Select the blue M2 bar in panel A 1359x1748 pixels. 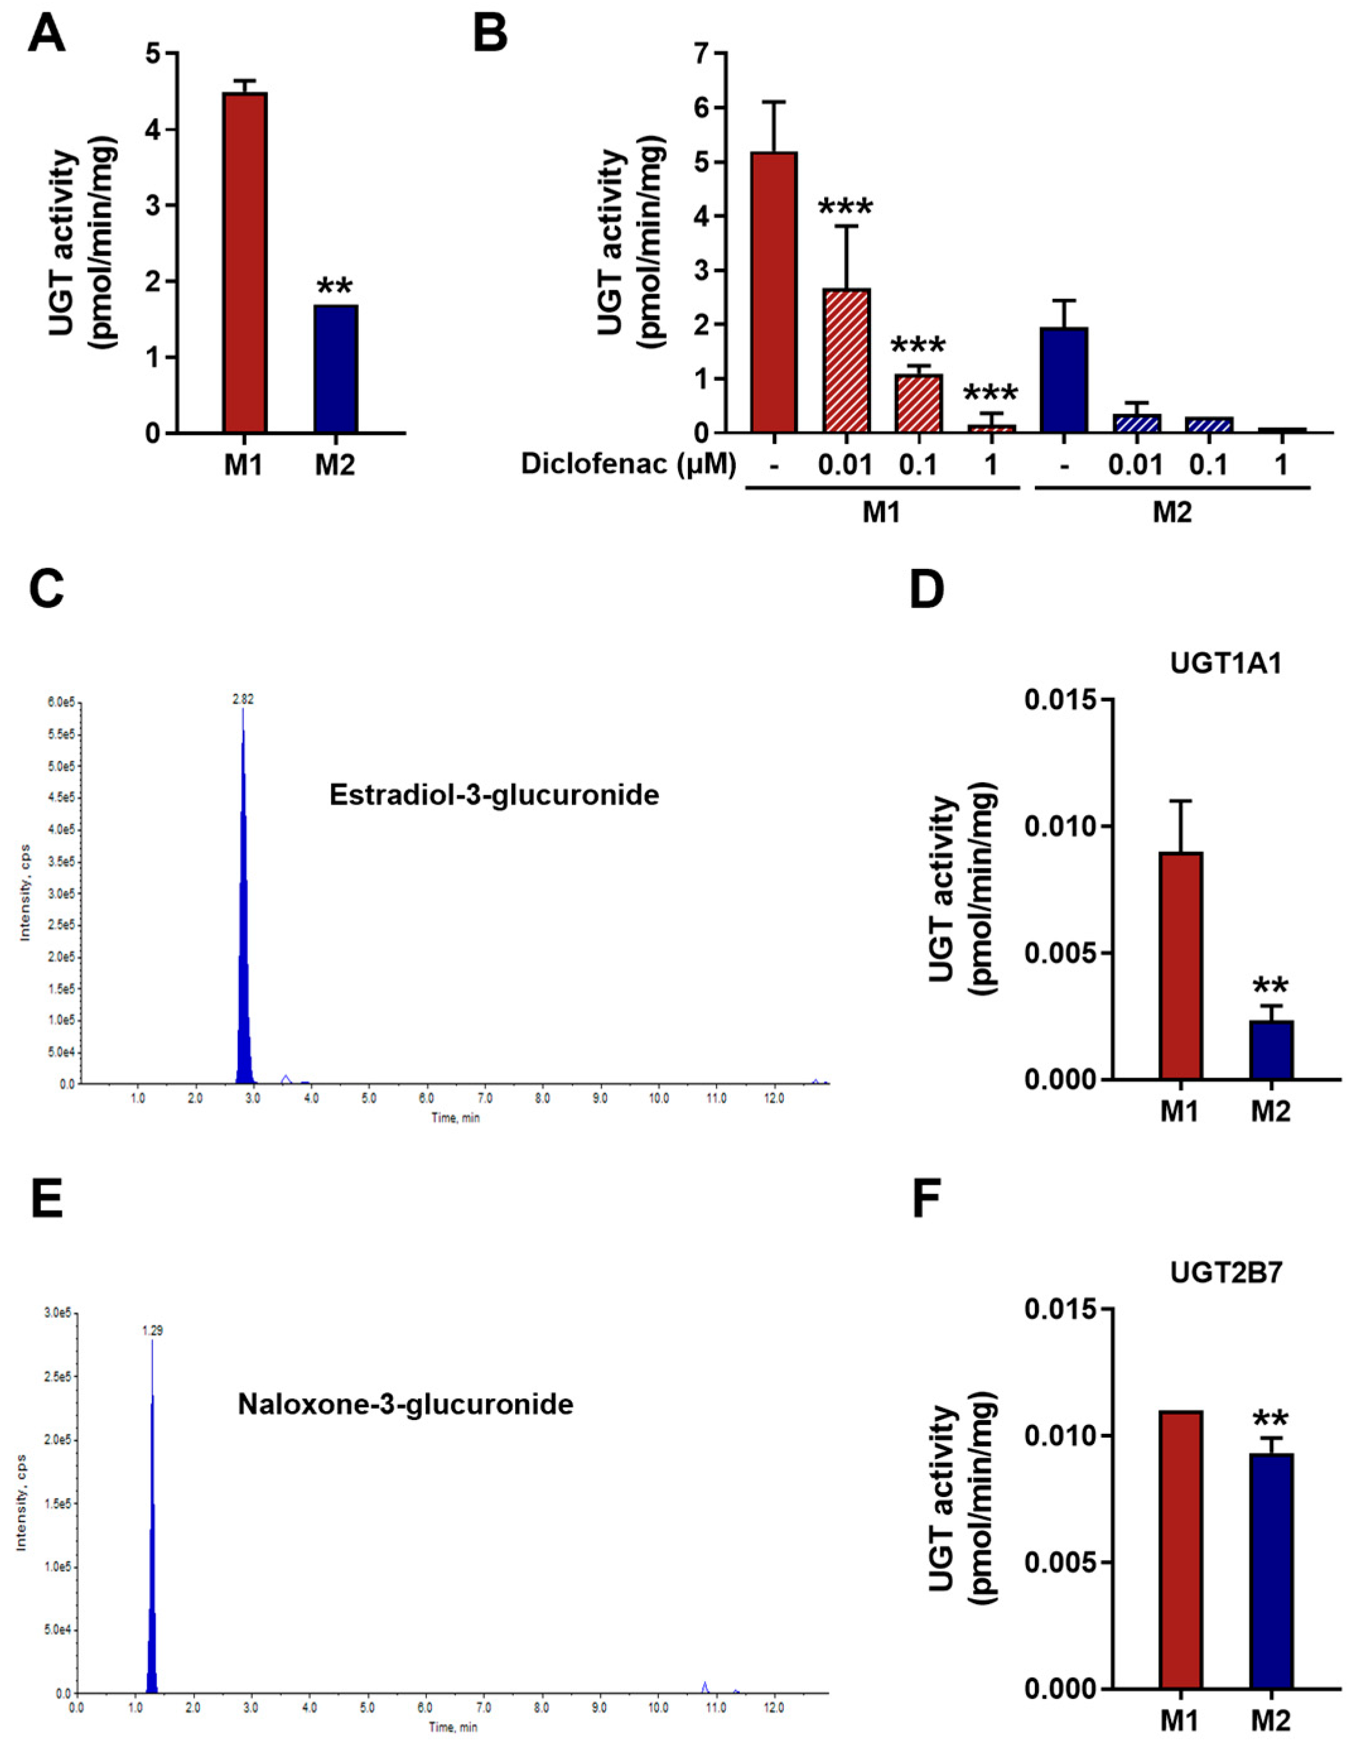click(x=335, y=369)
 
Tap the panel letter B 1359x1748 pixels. click(x=491, y=33)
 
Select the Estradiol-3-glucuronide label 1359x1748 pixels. click(x=494, y=795)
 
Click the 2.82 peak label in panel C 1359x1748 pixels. click(x=243, y=699)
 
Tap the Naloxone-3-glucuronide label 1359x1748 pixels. click(x=405, y=1404)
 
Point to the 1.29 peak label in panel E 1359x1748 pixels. click(x=152, y=1330)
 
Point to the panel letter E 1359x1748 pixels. click(x=47, y=1202)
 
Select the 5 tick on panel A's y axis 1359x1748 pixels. click(x=152, y=54)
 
